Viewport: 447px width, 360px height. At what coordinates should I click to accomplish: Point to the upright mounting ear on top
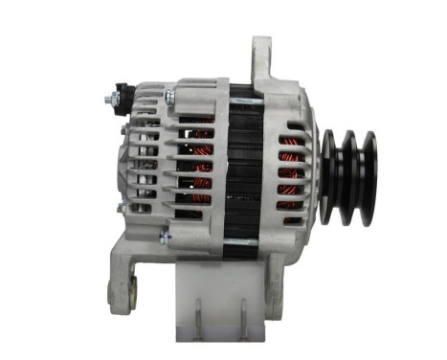click(261, 62)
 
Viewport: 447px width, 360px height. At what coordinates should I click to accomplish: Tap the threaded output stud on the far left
click(103, 96)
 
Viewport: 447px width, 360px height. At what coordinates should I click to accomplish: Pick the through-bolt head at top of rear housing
click(169, 97)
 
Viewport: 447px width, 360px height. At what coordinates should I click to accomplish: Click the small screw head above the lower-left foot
click(164, 236)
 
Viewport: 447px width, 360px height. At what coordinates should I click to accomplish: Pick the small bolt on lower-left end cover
click(120, 207)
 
